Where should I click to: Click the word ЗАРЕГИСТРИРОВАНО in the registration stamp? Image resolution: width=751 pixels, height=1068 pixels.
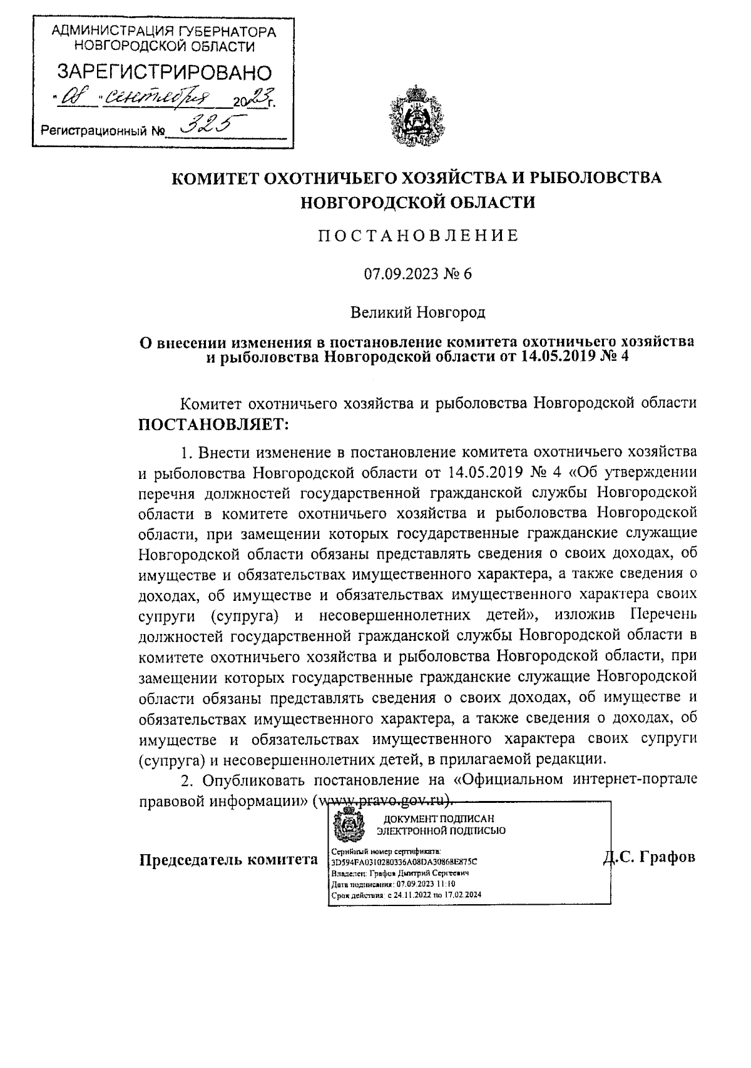tap(164, 73)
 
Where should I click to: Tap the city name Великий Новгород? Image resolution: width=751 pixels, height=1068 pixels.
tap(417, 310)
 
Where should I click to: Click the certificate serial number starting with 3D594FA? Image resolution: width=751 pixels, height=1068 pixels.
tap(404, 861)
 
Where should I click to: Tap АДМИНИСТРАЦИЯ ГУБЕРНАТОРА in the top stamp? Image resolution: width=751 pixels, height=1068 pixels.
tap(164, 31)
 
